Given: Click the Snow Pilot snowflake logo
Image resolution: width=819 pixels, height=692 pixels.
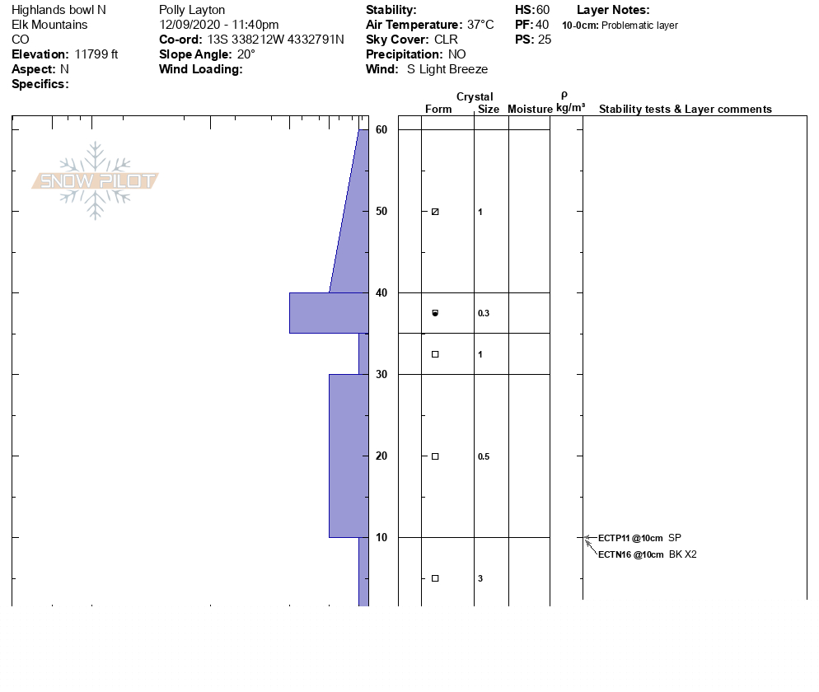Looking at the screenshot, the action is pos(95,180).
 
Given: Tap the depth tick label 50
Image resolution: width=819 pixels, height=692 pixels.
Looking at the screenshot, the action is pos(381,211).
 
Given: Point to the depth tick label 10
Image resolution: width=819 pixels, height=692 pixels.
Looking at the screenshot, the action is pos(381,537).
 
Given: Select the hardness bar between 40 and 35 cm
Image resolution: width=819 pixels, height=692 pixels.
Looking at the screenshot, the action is pos(329,313).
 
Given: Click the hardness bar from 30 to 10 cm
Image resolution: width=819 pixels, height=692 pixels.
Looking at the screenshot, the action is pos(349,456).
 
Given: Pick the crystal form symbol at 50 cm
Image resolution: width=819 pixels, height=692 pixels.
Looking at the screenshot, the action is pos(435,212).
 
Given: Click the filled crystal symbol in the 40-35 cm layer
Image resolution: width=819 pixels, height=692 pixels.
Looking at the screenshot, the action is pos(435,313).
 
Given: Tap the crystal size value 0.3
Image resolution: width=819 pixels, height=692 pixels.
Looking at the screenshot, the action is pos(484,313).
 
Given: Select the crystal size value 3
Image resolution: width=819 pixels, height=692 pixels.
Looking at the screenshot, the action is pos(480,578).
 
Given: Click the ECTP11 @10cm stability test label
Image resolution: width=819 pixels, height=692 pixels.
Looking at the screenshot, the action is pos(630,538).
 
